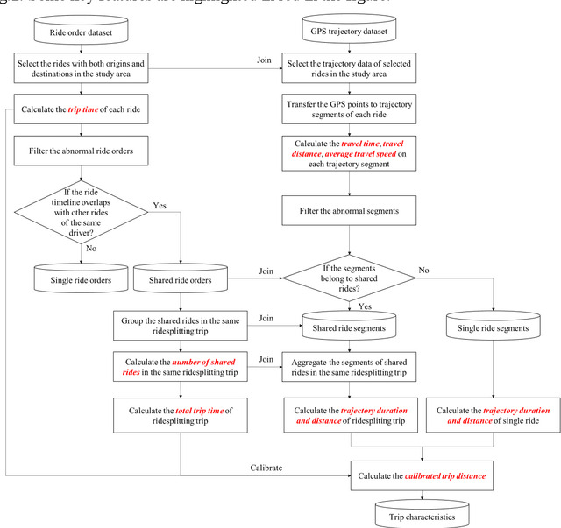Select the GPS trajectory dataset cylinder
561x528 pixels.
click(349, 32)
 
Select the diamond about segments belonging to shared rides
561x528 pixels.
click(349, 271)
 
